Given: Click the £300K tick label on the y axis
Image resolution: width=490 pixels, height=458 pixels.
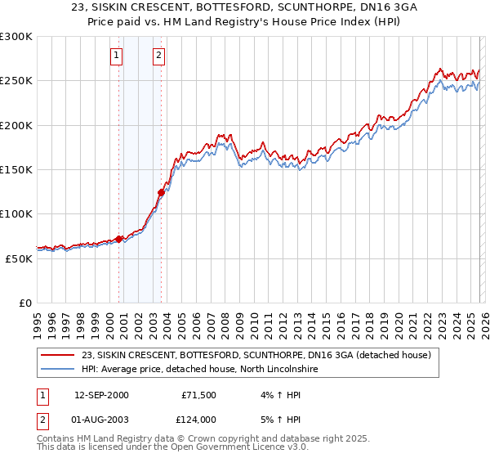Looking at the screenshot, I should pos(16,37).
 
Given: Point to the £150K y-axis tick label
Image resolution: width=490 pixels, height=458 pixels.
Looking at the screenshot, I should pos(16,170).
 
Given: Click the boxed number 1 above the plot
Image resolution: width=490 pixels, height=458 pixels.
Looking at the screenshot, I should pos(117,56).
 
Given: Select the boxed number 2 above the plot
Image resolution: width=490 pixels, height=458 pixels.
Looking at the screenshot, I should pos(158,56).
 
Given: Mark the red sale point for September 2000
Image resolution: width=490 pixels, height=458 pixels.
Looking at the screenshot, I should pos(119,240).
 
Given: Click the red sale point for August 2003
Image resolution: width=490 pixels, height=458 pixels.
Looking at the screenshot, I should pos(161,193).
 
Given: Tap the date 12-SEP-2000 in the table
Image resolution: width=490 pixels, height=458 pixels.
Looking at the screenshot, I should pos(101,395).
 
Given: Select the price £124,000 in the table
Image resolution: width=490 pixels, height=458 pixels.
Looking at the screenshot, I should pos(198,419).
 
